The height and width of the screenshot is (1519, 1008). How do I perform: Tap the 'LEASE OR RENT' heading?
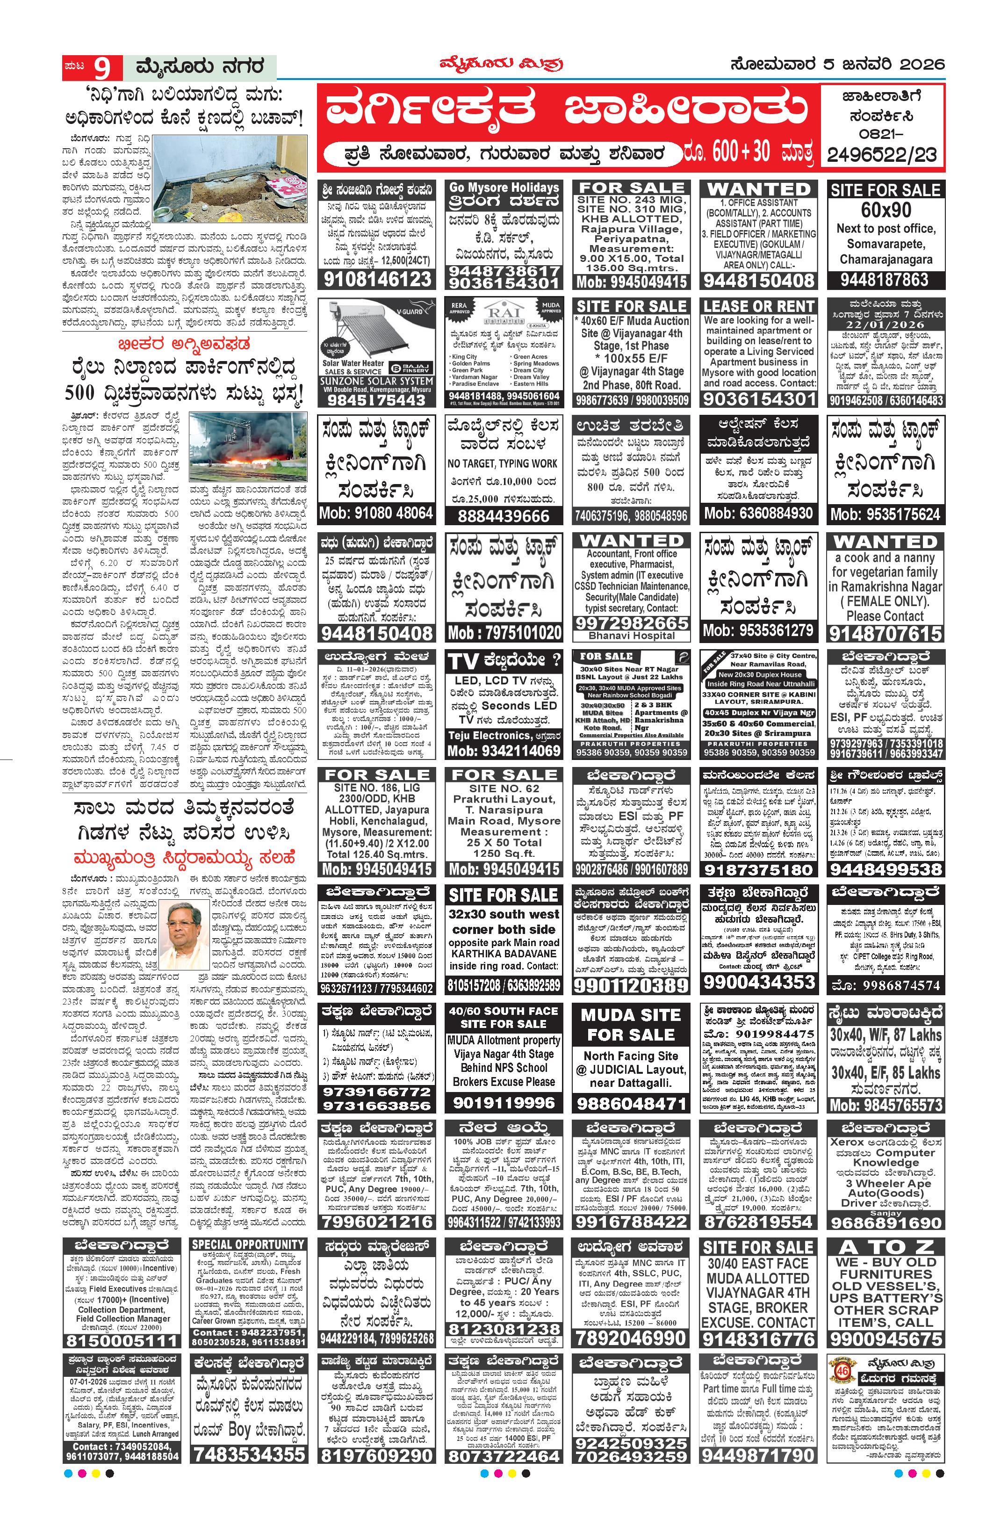[x=758, y=307]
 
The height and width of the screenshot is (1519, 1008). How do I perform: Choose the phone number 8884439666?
[x=504, y=516]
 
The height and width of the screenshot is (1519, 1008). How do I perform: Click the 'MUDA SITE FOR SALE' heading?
[x=631, y=1025]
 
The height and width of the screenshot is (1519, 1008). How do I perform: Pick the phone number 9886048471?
[x=631, y=1104]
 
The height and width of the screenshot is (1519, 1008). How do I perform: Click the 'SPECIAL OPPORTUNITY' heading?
[x=247, y=1244]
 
